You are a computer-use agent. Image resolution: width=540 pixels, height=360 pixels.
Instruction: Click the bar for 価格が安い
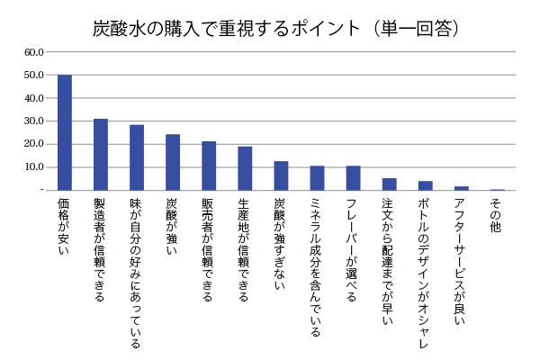click(65, 132)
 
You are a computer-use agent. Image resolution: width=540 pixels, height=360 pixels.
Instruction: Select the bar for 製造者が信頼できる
click(101, 154)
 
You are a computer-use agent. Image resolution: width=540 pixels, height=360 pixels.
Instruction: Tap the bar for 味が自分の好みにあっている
click(137, 157)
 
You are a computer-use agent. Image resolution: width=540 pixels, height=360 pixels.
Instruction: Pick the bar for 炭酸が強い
click(173, 162)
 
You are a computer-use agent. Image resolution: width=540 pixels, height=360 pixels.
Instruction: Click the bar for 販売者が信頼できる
click(209, 166)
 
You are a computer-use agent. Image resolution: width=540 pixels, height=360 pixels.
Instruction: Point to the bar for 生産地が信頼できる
click(245, 168)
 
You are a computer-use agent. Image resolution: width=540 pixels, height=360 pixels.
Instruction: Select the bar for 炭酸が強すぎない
click(281, 175)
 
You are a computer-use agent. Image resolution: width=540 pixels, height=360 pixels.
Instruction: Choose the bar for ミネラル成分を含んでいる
click(317, 178)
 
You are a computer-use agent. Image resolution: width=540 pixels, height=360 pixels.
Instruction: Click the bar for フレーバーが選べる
click(353, 178)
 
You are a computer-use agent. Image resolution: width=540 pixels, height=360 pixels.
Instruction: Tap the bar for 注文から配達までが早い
click(389, 184)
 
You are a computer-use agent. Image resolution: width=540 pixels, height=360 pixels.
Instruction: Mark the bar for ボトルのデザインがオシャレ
click(425, 185)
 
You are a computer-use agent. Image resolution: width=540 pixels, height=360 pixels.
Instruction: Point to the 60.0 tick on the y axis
click(34, 51)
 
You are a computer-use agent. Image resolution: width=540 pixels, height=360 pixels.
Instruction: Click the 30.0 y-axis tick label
click(34, 121)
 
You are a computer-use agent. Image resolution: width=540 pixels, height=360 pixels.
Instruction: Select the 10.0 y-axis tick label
click(34, 167)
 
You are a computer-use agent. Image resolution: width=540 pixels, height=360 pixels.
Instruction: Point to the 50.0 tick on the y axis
click(34, 75)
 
